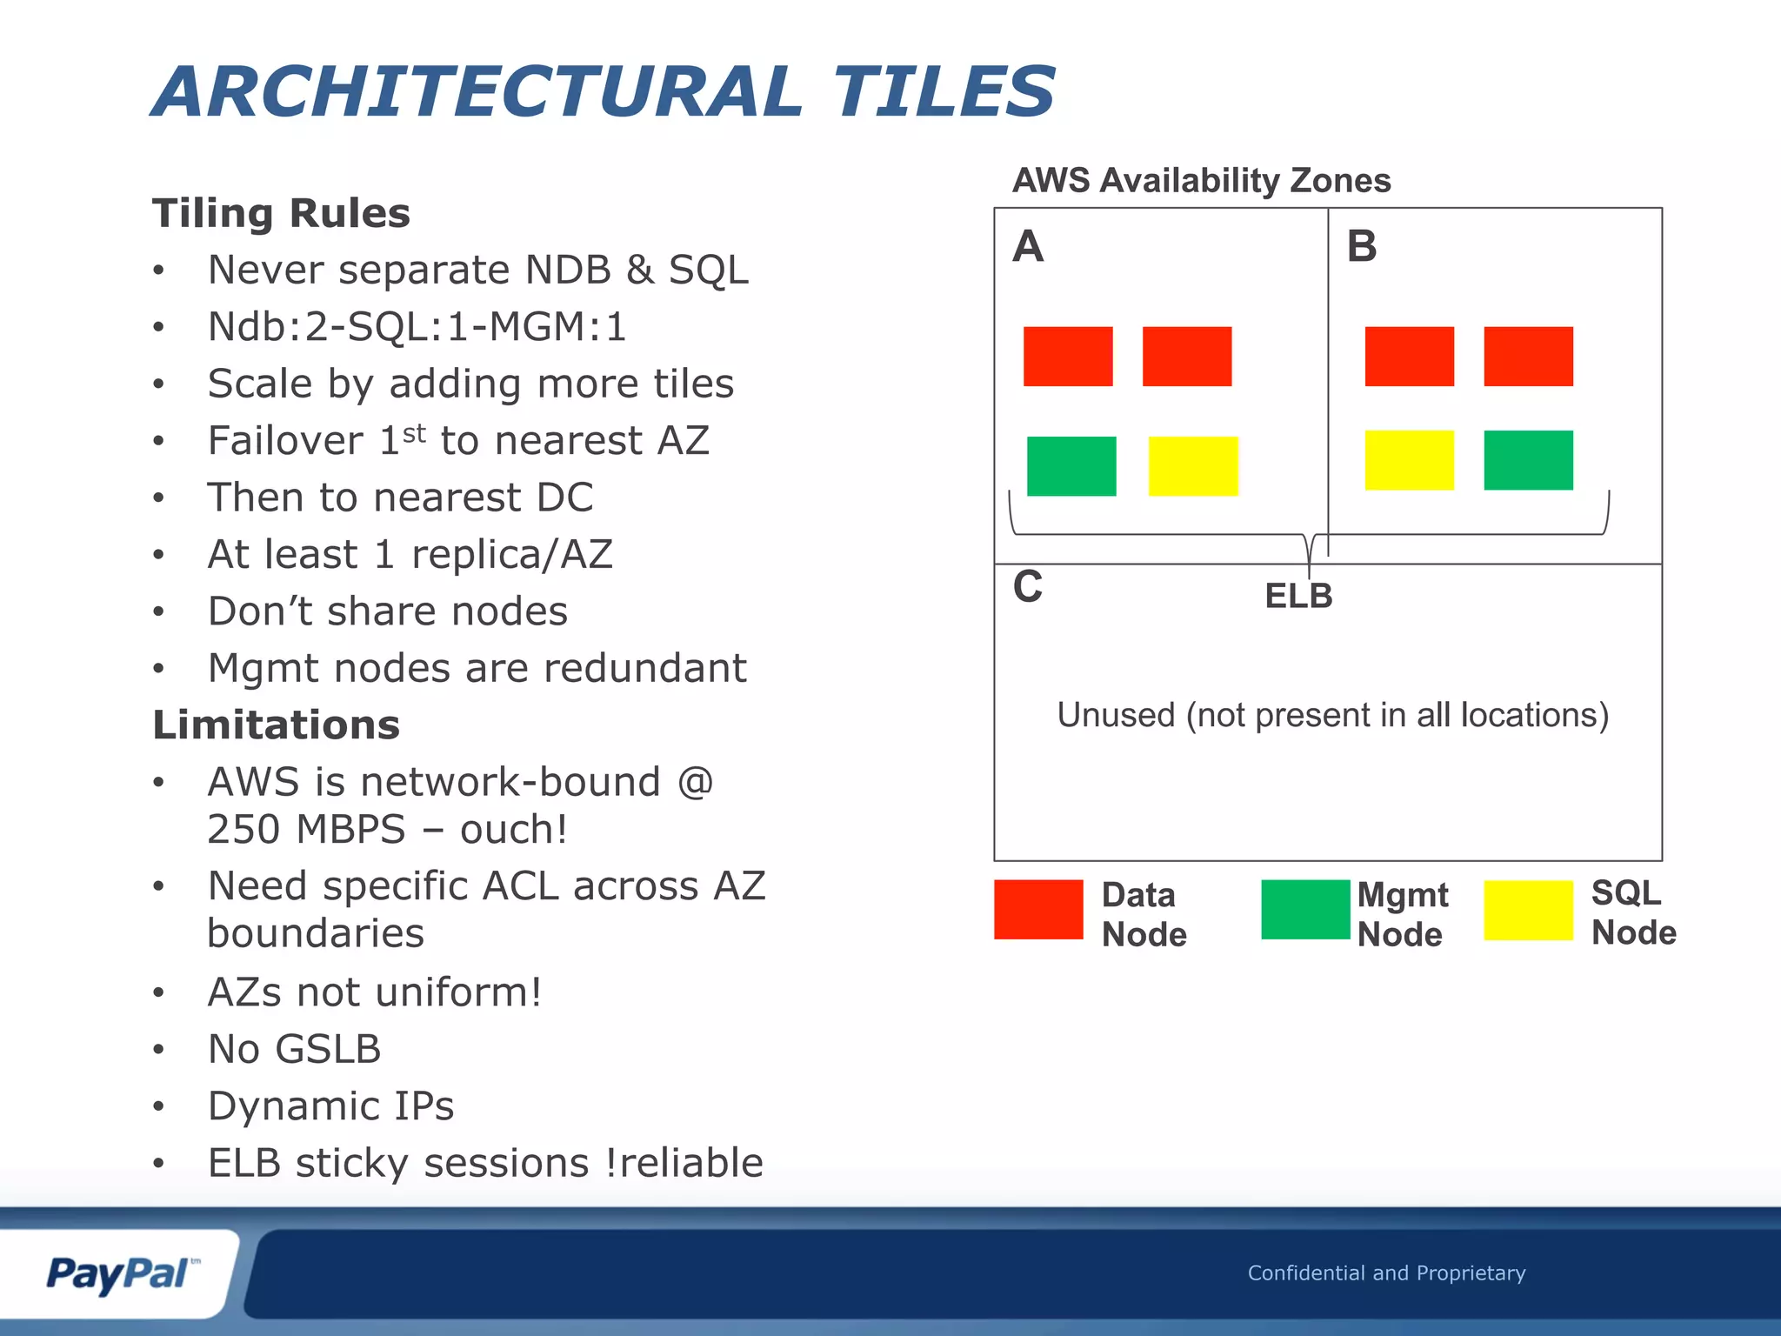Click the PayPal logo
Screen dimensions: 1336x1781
120,1274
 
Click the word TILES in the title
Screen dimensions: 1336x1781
944,92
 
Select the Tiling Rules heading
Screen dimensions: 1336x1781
281,213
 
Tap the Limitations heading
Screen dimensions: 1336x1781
276,725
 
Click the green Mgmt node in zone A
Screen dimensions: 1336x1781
1071,466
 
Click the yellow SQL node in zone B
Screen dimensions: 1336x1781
1409,460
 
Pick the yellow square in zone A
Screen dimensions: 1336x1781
1192,466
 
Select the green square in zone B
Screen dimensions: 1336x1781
1528,460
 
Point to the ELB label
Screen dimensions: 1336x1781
1297,596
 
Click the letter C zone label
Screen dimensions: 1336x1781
1027,587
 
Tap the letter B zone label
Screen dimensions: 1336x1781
1361,246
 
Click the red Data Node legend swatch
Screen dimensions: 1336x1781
1038,910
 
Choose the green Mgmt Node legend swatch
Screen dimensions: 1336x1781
1304,910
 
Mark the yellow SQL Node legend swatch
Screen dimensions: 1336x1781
1528,910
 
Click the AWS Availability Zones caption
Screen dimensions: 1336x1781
1201,180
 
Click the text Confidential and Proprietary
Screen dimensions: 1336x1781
1386,1273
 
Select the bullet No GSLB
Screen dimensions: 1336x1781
294,1049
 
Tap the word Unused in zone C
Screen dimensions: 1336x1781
1116,715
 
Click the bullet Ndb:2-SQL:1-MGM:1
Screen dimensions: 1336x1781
417,327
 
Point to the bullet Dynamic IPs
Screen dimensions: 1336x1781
330,1106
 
